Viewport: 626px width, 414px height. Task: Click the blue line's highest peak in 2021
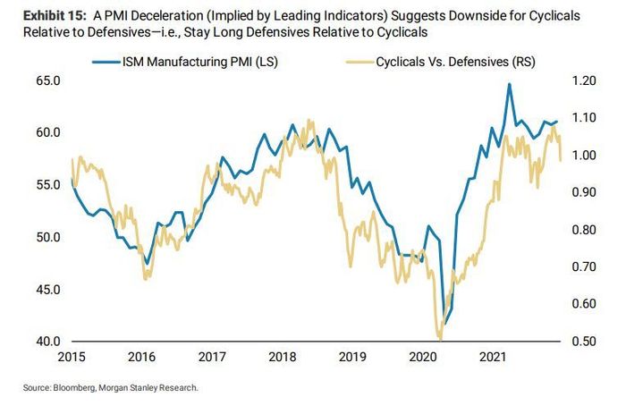[x=509, y=85]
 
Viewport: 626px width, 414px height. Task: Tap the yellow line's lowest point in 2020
[x=440, y=338]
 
